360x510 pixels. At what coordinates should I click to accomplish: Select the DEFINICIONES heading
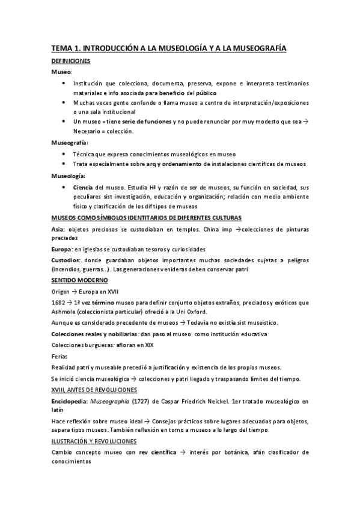tap(70, 61)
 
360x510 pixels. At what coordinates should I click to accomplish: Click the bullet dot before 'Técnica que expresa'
tap(64, 155)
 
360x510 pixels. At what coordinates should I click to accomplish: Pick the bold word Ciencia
tap(83, 188)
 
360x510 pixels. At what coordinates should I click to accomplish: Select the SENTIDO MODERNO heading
tap(79, 280)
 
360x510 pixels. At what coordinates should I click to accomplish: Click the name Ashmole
tap(64, 312)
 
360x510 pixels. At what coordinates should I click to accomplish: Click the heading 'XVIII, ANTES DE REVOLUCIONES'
tap(94, 390)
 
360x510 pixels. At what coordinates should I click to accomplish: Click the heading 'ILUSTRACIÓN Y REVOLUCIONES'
tap(94, 441)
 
